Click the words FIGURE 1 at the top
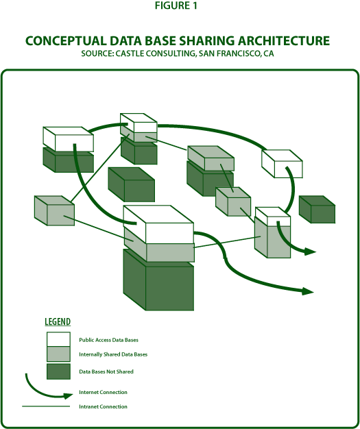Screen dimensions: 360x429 176,5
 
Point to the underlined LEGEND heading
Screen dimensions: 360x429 58,322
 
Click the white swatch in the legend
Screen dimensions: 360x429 58,339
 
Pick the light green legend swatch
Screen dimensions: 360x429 58,354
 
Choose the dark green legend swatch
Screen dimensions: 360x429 58,371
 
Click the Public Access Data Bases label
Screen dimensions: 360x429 108,340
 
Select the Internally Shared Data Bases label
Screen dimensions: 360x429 113,354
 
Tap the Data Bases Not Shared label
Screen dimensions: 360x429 106,371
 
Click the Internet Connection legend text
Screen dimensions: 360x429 104,393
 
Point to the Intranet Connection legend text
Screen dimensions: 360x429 104,406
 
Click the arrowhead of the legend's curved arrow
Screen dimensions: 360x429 69,395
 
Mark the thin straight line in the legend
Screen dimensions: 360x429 46,406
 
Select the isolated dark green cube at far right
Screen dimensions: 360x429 317,209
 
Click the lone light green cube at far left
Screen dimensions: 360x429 54,210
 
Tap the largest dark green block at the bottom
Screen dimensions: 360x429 158,280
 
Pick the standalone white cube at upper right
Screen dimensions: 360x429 283,164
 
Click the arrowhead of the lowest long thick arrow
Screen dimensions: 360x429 308,292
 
